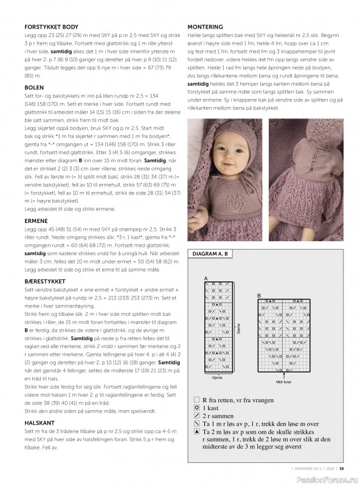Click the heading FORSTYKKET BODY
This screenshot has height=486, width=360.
coord(51,27)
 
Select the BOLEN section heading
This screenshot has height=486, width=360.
coord(34,88)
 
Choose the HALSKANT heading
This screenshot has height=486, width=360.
coord(40,423)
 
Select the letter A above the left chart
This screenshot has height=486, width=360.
coord(206,278)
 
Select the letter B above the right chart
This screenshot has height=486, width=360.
coord(259,296)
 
